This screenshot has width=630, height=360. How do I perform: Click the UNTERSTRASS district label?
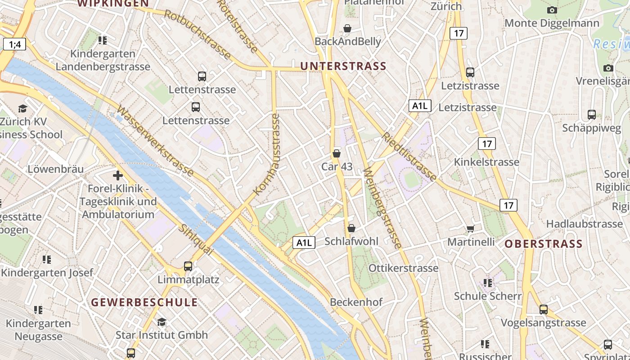pos(343,66)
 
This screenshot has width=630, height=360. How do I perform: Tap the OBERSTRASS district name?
pos(543,244)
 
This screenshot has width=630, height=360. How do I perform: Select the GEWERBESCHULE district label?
pos(144,302)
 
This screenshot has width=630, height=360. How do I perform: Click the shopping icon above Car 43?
pos(336,153)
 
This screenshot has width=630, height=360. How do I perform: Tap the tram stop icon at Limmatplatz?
pos(188,266)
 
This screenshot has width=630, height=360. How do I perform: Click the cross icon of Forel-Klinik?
pos(118,175)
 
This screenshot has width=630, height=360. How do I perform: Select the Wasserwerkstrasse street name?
pos(155,141)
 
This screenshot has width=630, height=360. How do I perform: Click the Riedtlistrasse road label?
pos(409,157)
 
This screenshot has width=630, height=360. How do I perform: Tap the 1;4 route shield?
pos(14,44)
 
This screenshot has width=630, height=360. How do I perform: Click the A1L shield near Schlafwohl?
pos(304,243)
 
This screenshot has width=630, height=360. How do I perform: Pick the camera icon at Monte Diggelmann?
pos(552,10)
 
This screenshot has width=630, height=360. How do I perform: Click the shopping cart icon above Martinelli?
pos(470,229)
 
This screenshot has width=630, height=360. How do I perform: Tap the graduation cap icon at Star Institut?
pos(162,322)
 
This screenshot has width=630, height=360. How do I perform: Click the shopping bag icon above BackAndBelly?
pos(347,28)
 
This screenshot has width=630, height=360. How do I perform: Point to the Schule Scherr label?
pos(487,296)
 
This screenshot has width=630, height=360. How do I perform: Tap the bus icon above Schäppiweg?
pos(591,115)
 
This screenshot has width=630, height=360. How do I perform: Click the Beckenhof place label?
pos(356,302)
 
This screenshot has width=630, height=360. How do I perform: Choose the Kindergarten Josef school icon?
pos(46,260)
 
